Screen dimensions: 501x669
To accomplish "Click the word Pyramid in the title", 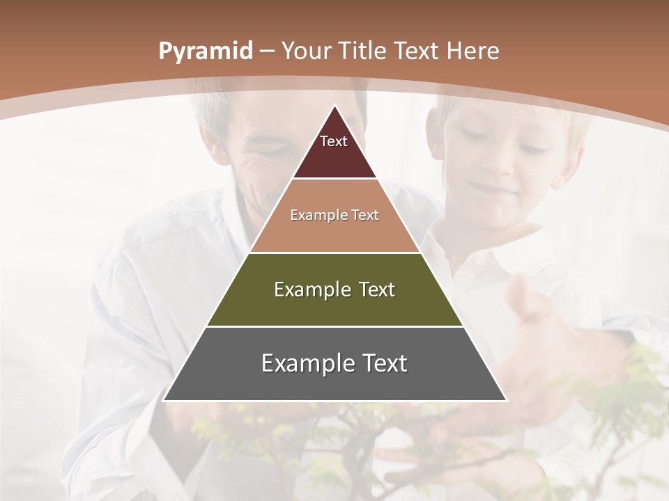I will click(205, 51).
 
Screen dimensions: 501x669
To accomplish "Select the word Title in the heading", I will click(364, 51).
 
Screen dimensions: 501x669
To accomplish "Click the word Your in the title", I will click(306, 51).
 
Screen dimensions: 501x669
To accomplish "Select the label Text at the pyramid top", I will click(334, 141).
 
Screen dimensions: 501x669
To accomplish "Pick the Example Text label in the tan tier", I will click(334, 215).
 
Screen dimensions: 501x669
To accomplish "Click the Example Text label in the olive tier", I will click(334, 289).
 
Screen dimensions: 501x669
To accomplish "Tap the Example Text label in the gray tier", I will click(334, 363).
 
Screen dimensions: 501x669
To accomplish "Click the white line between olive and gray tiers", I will click(334, 326).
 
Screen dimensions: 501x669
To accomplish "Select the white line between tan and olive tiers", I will click(334, 253).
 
